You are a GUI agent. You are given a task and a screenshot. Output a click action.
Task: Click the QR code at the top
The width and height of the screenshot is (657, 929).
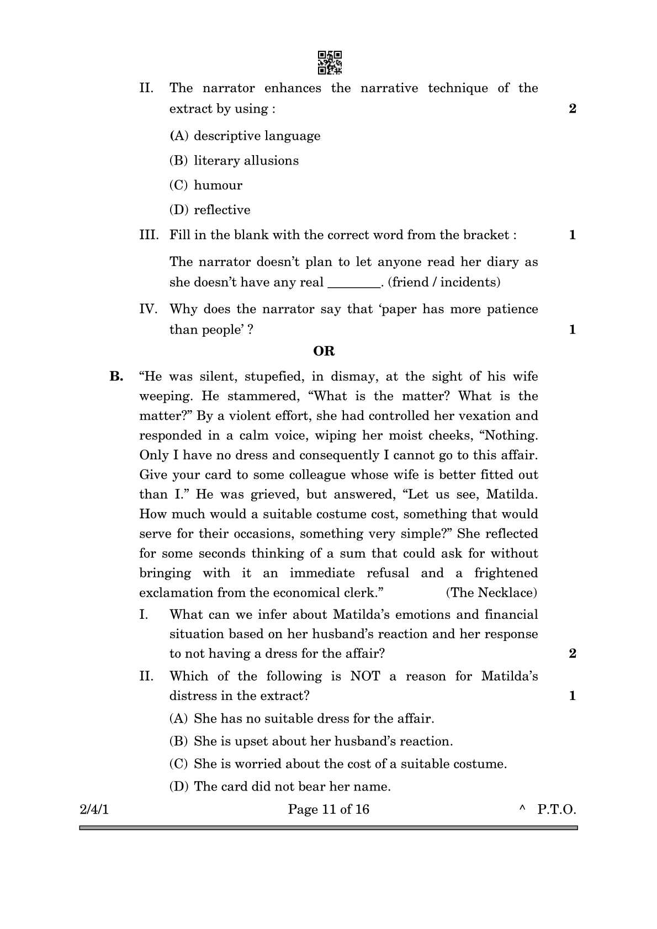[x=330, y=63]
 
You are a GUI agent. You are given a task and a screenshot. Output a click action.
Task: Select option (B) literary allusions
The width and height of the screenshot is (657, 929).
[x=234, y=161]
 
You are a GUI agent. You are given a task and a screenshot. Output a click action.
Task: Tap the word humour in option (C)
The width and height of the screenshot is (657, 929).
[x=218, y=185]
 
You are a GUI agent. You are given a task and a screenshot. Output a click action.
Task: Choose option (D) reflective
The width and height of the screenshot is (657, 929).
[x=210, y=210]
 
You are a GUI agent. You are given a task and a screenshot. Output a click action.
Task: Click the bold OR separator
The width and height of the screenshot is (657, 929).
[x=324, y=351]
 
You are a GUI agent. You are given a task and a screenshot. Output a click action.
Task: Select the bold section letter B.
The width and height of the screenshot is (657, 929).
[x=116, y=376]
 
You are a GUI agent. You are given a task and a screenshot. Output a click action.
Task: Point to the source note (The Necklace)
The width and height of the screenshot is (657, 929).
[x=491, y=593]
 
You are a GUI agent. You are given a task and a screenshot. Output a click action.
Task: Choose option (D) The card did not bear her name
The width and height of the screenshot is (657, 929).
[x=280, y=787]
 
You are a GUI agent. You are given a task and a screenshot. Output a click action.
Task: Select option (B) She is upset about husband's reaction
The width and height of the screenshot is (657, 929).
[x=311, y=741]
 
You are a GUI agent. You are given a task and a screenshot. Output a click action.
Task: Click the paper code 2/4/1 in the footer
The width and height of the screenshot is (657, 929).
[x=94, y=810]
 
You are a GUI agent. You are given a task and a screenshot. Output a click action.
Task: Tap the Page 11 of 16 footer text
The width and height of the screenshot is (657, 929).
[x=328, y=810]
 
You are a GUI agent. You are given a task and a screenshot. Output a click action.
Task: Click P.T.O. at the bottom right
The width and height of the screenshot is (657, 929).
[x=557, y=810]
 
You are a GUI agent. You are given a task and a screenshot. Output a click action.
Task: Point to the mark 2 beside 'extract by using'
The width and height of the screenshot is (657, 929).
[x=572, y=109]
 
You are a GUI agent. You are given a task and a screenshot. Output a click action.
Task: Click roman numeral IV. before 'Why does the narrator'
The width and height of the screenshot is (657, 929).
[x=148, y=309]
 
